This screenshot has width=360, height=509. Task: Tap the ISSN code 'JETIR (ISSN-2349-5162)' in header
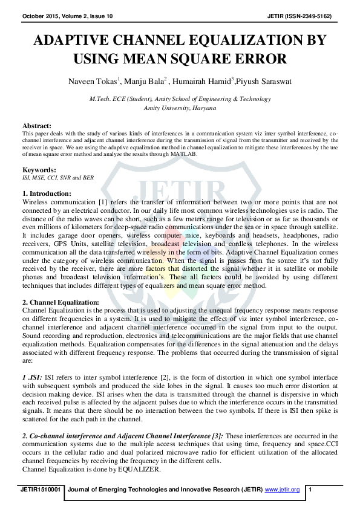click(300, 15)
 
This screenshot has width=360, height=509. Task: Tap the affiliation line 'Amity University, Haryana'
click(180, 107)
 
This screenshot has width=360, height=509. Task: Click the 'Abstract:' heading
click(37, 126)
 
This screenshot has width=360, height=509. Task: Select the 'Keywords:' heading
click(39, 170)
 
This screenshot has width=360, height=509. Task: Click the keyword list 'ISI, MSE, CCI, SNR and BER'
click(57, 178)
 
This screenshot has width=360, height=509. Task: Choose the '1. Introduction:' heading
click(47, 193)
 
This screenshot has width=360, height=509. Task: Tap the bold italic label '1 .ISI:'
click(32, 375)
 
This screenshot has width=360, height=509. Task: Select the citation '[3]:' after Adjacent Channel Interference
click(217, 435)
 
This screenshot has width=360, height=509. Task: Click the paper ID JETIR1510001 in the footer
click(40, 489)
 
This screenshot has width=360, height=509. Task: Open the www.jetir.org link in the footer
click(283, 489)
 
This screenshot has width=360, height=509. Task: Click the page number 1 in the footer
click(310, 489)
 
